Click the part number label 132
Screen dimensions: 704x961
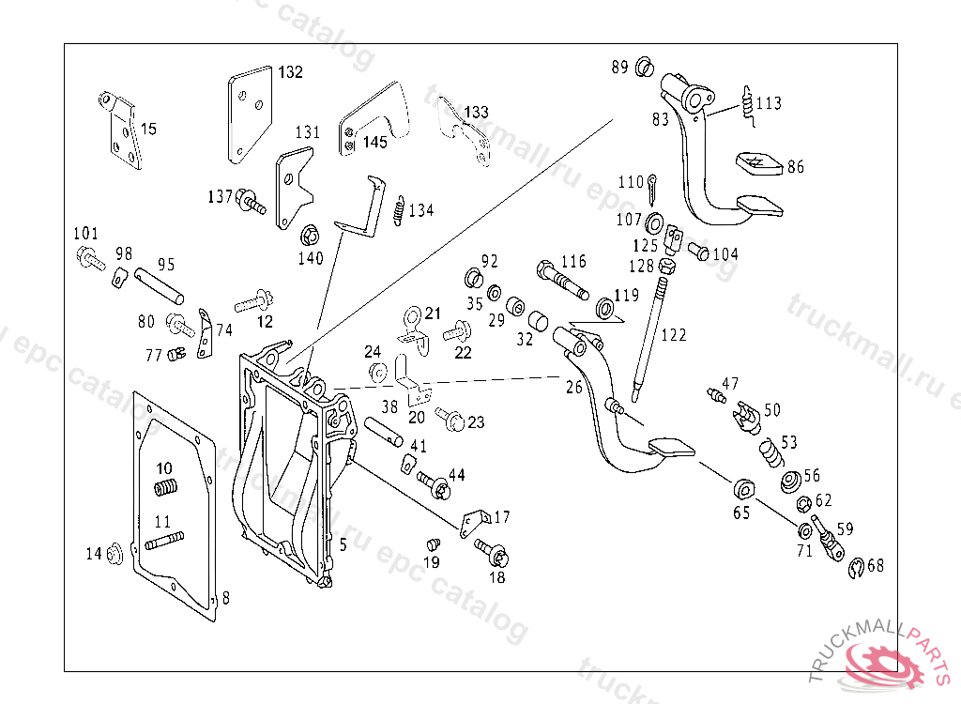point(290,72)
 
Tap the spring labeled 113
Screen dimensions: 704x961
point(748,103)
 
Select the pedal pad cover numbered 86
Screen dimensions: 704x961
point(759,163)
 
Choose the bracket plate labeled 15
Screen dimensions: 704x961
point(122,134)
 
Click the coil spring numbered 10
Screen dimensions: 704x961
point(167,489)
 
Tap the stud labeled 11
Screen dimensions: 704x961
point(163,541)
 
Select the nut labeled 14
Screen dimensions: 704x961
point(115,553)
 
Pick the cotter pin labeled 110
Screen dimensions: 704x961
point(652,189)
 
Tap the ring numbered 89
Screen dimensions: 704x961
point(644,68)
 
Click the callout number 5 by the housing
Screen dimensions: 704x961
point(343,544)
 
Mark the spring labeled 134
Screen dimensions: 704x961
point(400,210)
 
